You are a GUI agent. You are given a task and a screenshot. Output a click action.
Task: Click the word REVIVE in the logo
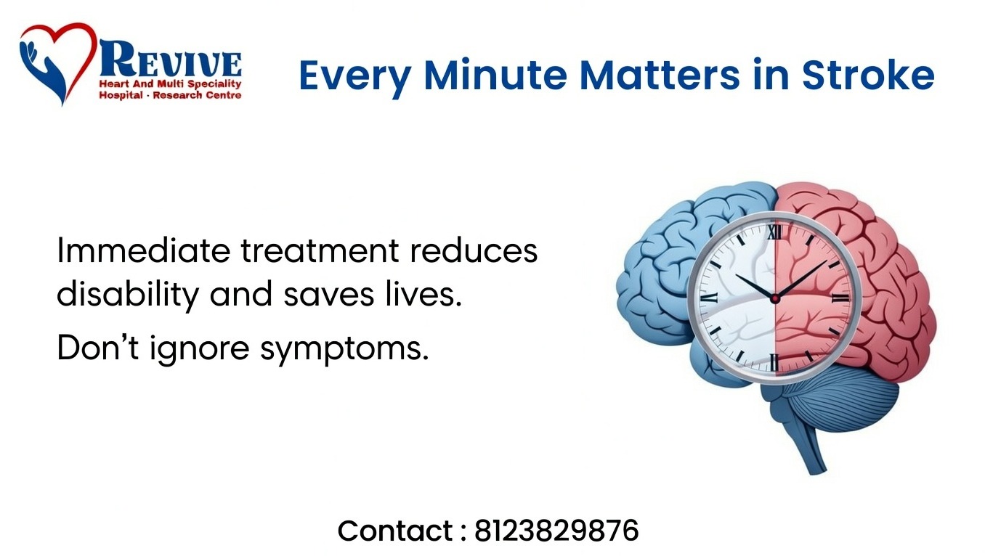click(171, 59)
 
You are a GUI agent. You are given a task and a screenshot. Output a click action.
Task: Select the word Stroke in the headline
click(868, 75)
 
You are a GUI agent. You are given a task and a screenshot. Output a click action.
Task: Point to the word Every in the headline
click(355, 78)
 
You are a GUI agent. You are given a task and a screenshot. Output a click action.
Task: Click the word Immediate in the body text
click(143, 250)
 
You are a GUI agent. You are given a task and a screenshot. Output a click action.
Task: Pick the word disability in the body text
click(128, 295)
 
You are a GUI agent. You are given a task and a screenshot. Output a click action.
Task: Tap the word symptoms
click(344, 349)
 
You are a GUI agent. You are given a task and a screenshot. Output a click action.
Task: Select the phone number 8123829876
click(556, 531)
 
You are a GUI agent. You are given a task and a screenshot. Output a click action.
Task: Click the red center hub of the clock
click(775, 299)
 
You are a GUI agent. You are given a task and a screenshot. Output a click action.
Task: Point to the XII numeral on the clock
click(775, 232)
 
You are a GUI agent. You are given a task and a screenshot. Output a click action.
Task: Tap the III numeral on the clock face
click(840, 298)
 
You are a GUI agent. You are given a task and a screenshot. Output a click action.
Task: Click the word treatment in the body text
click(320, 250)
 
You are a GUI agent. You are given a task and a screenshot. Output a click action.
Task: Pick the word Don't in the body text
click(98, 348)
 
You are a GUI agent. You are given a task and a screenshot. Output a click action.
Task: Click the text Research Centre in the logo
click(197, 95)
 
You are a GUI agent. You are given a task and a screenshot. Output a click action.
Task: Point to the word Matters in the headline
click(660, 75)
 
